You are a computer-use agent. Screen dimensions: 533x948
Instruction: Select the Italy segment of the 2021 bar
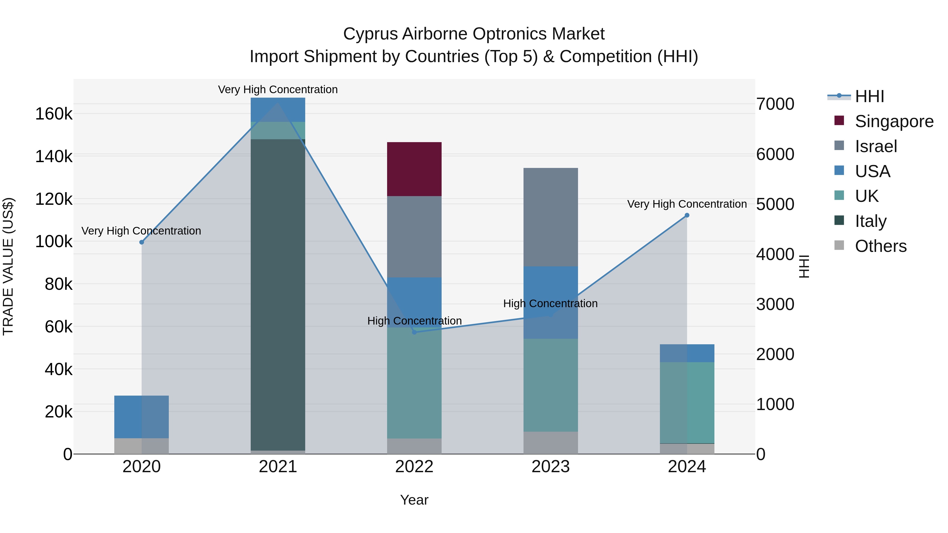coord(278,294)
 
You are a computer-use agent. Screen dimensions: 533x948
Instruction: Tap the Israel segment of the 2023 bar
coord(551,217)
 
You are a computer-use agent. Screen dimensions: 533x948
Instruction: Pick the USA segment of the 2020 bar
coord(141,416)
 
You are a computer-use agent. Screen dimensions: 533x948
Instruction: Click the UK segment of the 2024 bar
coord(687,402)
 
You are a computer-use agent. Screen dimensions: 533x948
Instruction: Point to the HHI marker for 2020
coord(142,242)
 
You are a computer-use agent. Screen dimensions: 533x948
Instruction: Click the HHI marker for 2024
coord(687,215)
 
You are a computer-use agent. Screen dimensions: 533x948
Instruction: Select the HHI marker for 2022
coord(414,332)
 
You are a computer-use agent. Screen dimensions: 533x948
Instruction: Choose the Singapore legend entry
coord(894,121)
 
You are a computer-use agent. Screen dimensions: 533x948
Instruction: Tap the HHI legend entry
coord(869,96)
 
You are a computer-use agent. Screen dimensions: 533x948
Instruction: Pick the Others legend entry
coord(880,246)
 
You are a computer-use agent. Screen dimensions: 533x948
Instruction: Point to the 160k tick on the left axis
coord(54,114)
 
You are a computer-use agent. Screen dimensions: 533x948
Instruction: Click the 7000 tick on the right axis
coord(775,104)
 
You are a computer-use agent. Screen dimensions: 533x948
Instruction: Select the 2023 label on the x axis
coord(551,467)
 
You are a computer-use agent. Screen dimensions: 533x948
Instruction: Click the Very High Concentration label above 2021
coord(278,89)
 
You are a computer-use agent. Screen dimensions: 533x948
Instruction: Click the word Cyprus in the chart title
coord(370,34)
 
